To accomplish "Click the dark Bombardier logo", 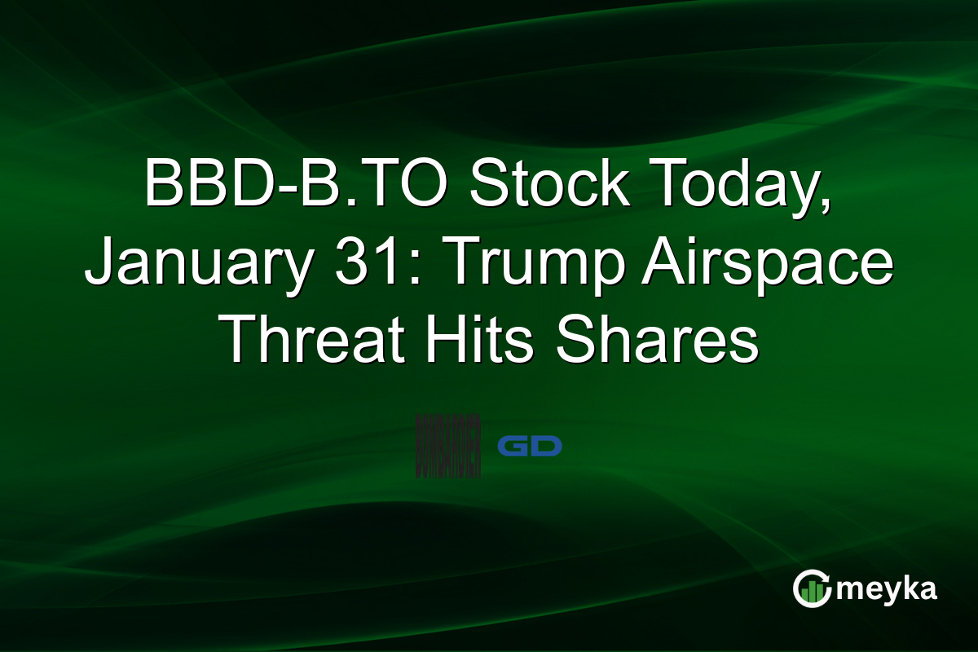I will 447,446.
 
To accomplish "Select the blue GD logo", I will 530,446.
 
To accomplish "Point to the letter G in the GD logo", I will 513,446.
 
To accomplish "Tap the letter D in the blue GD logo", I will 547,446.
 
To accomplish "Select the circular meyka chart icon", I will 811,588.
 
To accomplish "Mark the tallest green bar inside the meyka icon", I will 818,591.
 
